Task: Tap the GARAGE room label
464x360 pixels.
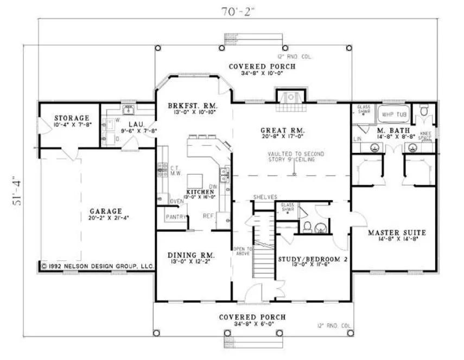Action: point(106,211)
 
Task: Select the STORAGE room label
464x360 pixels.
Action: point(71,118)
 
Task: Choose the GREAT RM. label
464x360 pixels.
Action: point(282,130)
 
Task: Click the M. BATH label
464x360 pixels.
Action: point(389,131)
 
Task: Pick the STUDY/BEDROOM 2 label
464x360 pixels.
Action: point(312,259)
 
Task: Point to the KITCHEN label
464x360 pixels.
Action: point(199,192)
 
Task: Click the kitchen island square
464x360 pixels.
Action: point(195,180)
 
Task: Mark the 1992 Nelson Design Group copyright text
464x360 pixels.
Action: point(98,266)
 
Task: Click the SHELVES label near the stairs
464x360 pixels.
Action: point(265,197)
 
